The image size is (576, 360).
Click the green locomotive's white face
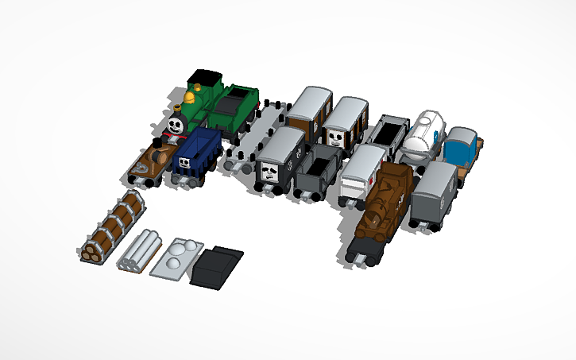pyautogui.click(x=176, y=125)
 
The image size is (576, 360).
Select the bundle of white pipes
pyautogui.click(x=142, y=250)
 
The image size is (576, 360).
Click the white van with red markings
pyautogui.click(x=362, y=173)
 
